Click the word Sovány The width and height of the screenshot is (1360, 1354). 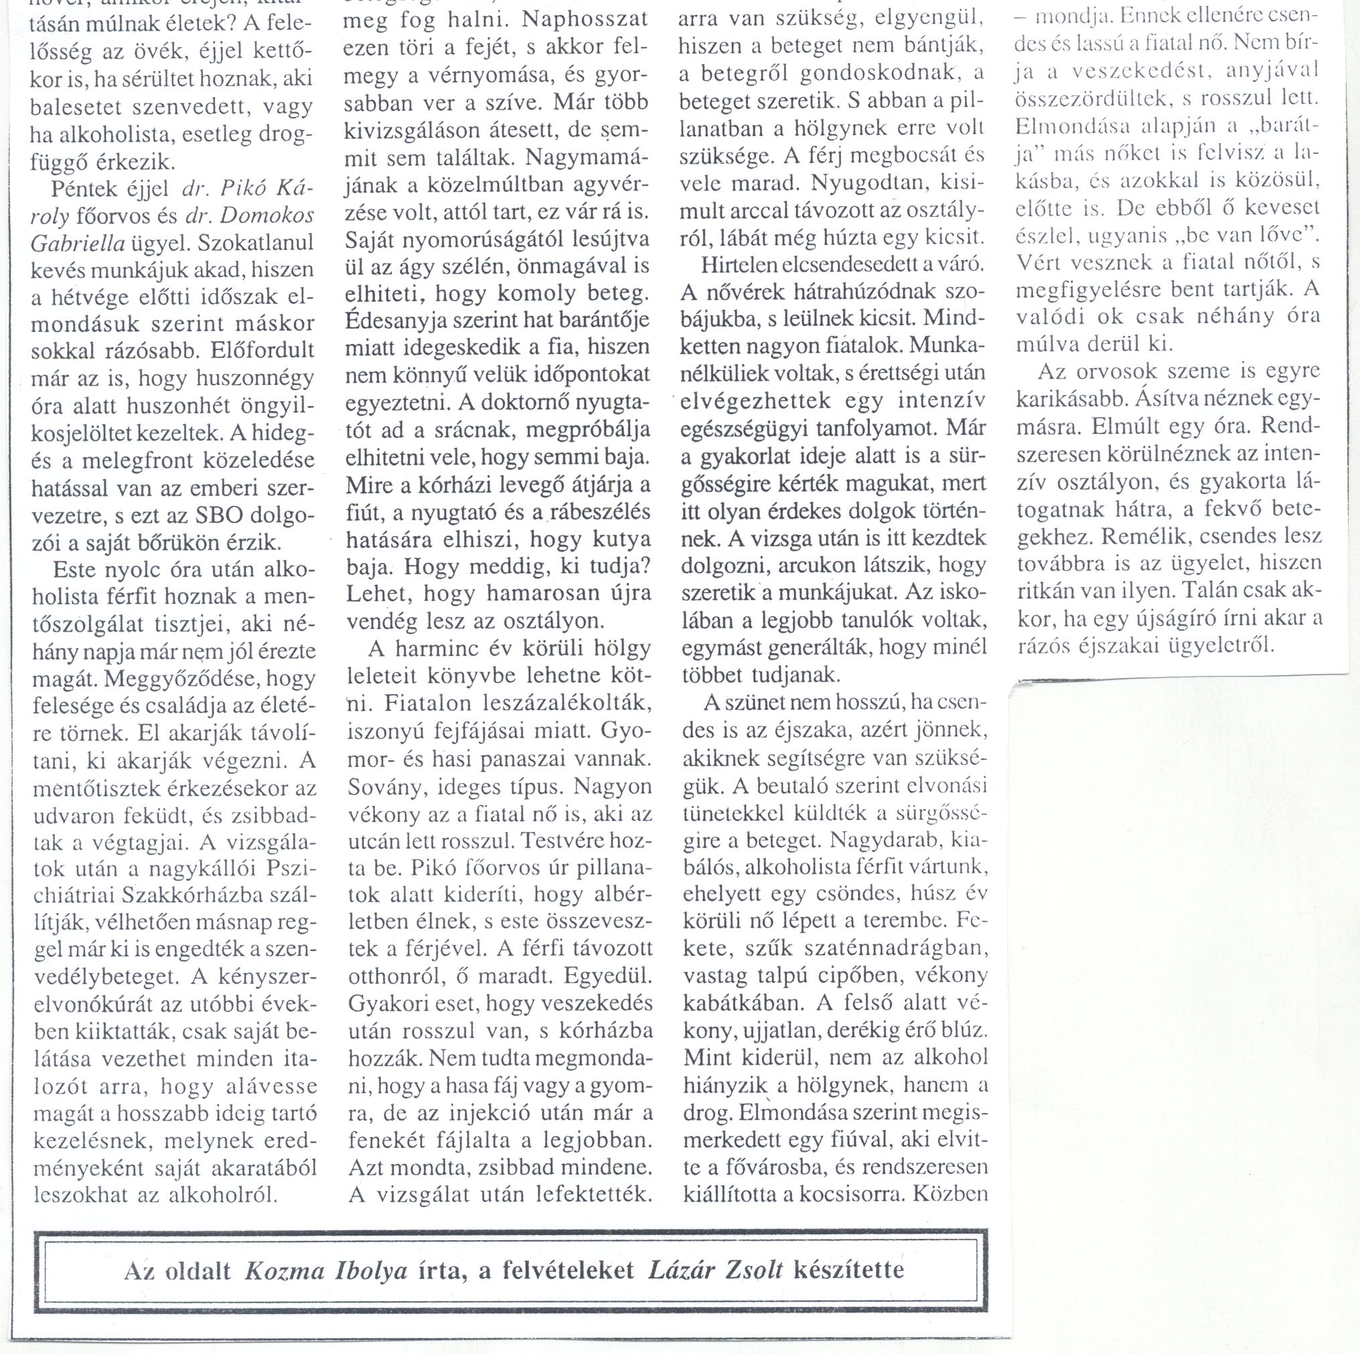point(386,786)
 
